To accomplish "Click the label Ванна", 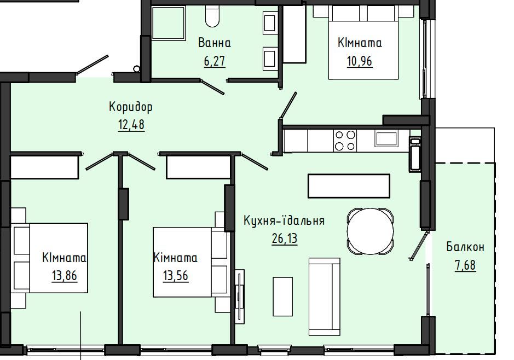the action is point(215,43).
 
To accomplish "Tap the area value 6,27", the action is point(215,61).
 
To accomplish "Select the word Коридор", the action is point(130,107).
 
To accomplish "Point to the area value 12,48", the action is point(131,125).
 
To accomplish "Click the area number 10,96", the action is point(360,61).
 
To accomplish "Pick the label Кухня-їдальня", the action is point(284,220).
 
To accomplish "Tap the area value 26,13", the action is point(285,239).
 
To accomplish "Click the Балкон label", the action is point(465,247).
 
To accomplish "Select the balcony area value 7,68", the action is point(465,265).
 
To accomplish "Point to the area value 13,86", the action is point(64,276).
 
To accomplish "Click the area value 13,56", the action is point(176,276).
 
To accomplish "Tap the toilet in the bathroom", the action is point(212,16).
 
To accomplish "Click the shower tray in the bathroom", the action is point(169,23).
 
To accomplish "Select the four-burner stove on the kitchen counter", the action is point(344,140).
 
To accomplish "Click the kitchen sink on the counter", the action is point(386,138).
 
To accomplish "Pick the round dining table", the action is point(371,231).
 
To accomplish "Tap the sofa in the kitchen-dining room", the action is point(325,297).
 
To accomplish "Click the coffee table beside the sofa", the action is point(283,297).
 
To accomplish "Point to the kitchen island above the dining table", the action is point(349,186).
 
